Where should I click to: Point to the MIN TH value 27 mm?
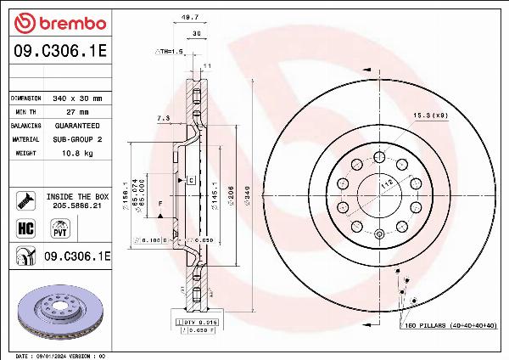pyautogui.click(x=78, y=112)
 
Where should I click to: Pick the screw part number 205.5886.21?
pyautogui.click(x=77, y=205)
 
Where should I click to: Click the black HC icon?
pyautogui.click(x=25, y=228)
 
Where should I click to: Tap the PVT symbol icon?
pyautogui.click(x=60, y=228)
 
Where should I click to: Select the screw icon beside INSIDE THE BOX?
pyautogui.click(x=24, y=200)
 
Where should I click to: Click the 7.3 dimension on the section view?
pyautogui.click(x=164, y=117)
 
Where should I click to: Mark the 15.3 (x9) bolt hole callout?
pyautogui.click(x=430, y=115)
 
